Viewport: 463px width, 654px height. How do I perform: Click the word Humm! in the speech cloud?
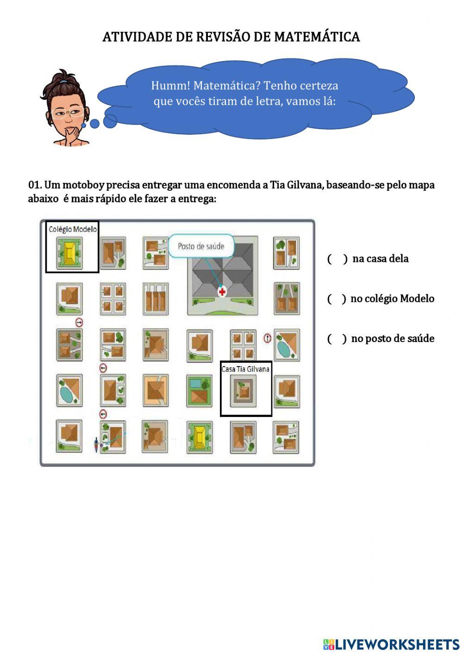point(170,86)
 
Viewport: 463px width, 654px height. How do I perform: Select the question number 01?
point(35,185)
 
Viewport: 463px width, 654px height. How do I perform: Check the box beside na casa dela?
point(337,259)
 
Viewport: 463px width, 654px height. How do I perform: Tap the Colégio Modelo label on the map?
point(73,229)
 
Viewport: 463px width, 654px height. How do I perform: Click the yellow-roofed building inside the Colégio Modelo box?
point(70,253)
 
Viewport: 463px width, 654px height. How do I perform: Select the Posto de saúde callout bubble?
point(200,246)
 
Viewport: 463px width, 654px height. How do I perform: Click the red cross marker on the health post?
point(223,292)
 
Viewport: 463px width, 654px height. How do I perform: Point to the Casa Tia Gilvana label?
point(245,369)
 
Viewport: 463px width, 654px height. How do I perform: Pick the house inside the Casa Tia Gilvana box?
point(244,391)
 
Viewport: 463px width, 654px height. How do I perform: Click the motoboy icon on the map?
point(96,445)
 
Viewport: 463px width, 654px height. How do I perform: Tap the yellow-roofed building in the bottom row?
point(200,437)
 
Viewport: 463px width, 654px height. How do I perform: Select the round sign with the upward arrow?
point(267,338)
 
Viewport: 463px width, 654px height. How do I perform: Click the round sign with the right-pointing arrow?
point(79,322)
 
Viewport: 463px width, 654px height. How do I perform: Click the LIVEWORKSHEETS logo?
point(391,644)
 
